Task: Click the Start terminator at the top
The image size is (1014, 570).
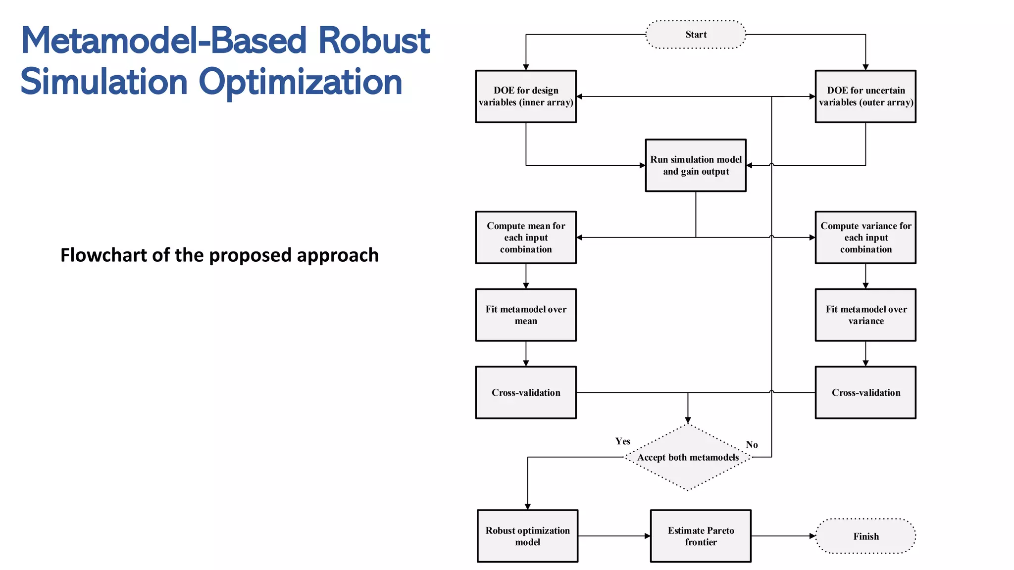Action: pyautogui.click(x=696, y=35)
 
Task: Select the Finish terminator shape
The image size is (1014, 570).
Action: pyautogui.click(x=865, y=536)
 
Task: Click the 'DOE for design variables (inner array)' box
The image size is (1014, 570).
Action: pyautogui.click(x=526, y=96)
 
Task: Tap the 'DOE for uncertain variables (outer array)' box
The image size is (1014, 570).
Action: pyautogui.click(x=865, y=96)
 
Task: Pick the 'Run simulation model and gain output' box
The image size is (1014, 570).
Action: pyautogui.click(x=696, y=165)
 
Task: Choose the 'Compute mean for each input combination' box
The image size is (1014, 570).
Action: pyautogui.click(x=526, y=237)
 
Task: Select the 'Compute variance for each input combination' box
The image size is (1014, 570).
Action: pyautogui.click(x=865, y=237)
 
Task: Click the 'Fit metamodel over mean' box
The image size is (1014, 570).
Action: pyautogui.click(x=526, y=315)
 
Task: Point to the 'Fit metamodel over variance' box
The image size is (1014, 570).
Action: pyautogui.click(x=865, y=315)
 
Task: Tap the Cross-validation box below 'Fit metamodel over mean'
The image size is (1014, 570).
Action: pyautogui.click(x=526, y=392)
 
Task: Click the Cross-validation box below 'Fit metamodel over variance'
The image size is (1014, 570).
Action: pyautogui.click(x=865, y=392)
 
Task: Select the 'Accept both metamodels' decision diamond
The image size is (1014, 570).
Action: pyautogui.click(x=688, y=458)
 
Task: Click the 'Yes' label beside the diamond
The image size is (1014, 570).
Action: pyautogui.click(x=622, y=441)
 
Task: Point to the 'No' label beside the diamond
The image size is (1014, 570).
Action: pyautogui.click(x=752, y=444)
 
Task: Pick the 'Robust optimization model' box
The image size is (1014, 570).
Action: pyautogui.click(x=527, y=536)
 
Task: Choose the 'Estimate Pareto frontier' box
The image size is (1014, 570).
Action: pyautogui.click(x=701, y=536)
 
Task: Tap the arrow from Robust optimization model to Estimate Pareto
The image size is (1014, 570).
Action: pyautogui.click(x=614, y=536)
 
